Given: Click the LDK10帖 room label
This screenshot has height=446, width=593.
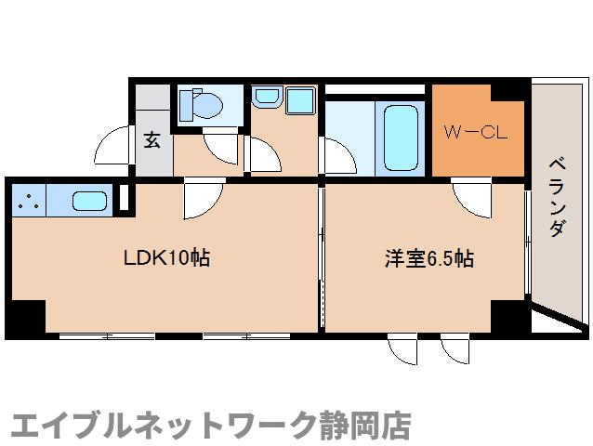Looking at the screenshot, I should tap(166, 258).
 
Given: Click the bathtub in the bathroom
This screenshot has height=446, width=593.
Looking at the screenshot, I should tap(400, 137).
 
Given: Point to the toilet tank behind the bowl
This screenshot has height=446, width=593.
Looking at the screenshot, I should tap(185, 103).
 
